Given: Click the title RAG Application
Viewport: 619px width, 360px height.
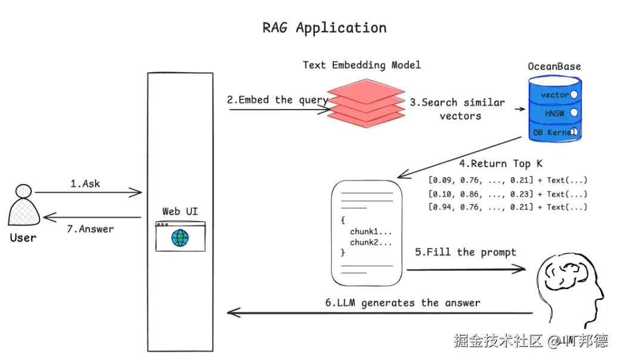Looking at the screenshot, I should coord(324,28).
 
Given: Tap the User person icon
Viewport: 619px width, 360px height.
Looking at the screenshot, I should coord(24,206).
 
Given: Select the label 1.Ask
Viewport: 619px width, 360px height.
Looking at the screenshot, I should coord(85,184).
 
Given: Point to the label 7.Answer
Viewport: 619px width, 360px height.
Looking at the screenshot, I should coord(88,228).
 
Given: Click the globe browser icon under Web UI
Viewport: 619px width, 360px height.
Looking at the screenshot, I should coord(179,237).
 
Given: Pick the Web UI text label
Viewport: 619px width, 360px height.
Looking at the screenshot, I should coord(180,212).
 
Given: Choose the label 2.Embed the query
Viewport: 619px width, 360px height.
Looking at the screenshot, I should coord(277,100).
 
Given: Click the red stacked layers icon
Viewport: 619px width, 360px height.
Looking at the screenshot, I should coord(367,105).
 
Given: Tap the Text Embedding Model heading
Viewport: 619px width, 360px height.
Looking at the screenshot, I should coord(361,65).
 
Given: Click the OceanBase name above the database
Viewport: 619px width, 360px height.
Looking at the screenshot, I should coord(554,66).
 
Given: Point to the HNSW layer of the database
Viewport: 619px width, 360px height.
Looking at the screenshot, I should coord(555,113).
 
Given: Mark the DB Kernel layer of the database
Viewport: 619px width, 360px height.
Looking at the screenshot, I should coord(555,132).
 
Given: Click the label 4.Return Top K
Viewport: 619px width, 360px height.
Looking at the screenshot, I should coord(500,163).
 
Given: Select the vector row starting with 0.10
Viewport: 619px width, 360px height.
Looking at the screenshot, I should coord(507,194).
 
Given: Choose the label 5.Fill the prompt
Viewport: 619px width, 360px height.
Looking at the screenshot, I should coord(465,252).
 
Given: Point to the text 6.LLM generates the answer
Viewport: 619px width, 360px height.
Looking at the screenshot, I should coord(403,303).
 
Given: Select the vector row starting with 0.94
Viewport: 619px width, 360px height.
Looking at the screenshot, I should coord(507,207).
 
